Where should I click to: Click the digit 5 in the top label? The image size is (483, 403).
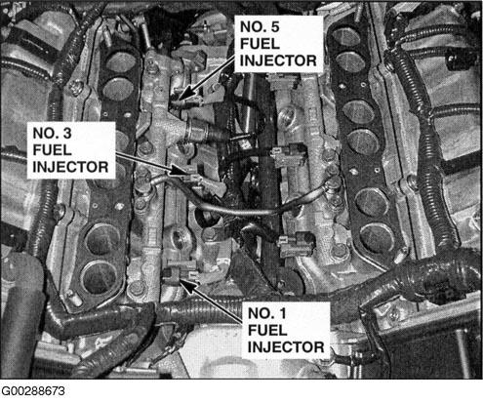click(274, 27)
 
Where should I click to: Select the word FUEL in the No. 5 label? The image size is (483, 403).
click(260, 44)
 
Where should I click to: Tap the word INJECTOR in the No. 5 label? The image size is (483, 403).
click(278, 60)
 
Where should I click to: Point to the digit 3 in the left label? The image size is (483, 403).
click(67, 134)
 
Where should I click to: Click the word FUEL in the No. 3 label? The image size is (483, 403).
click(52, 150)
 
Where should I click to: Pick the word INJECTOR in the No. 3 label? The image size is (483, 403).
click(70, 167)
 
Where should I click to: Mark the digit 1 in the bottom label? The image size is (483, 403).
click(282, 313)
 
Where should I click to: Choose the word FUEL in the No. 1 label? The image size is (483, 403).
click(267, 331)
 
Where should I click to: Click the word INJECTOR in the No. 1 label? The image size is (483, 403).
click(286, 347)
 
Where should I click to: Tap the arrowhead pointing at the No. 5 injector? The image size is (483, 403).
click(183, 95)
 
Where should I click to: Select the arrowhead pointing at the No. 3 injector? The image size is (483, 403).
click(179, 170)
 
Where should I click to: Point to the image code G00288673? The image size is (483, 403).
click(33, 391)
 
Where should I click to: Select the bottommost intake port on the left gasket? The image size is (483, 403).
click(100, 277)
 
